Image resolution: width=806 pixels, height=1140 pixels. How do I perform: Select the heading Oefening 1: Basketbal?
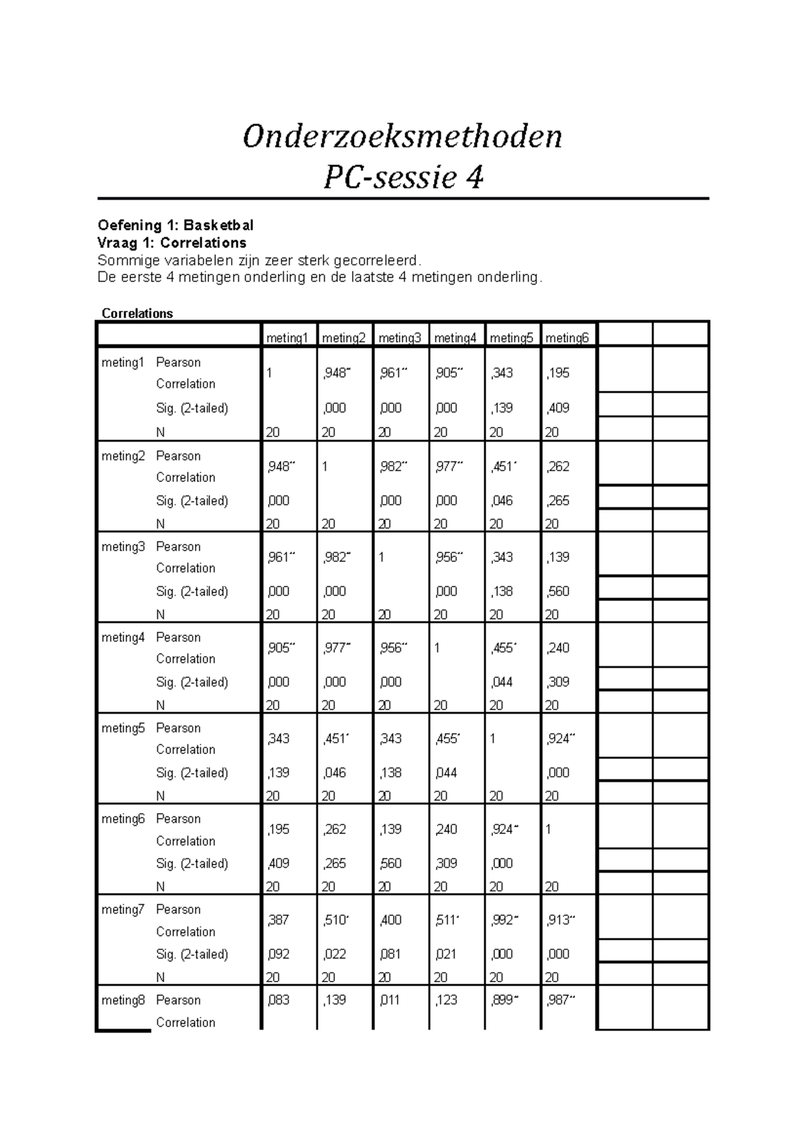coord(175,225)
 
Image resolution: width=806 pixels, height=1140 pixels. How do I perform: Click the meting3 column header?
coord(399,338)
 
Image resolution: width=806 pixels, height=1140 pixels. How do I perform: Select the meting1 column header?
coord(287,338)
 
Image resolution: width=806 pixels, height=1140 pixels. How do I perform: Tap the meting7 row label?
coord(123,910)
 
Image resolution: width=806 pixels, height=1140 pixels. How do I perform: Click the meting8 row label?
coord(123,1000)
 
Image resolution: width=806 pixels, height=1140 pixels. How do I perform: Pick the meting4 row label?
coord(123,638)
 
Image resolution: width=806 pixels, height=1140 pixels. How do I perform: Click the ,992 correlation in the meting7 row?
coord(503,920)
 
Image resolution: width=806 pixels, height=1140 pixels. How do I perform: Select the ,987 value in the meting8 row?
coord(559,1000)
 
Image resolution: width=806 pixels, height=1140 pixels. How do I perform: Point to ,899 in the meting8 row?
coord(503,1000)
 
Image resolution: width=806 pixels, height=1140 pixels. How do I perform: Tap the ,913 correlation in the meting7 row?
coord(559,920)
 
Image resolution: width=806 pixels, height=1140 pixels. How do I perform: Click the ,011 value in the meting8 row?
coord(390,1000)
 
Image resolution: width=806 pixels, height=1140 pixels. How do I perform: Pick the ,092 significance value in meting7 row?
coord(278,954)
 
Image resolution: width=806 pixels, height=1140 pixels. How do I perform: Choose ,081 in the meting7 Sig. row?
coord(390,954)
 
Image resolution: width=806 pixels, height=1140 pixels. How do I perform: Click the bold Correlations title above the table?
coord(137,314)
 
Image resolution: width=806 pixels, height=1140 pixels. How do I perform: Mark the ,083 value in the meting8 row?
coord(278,1000)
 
